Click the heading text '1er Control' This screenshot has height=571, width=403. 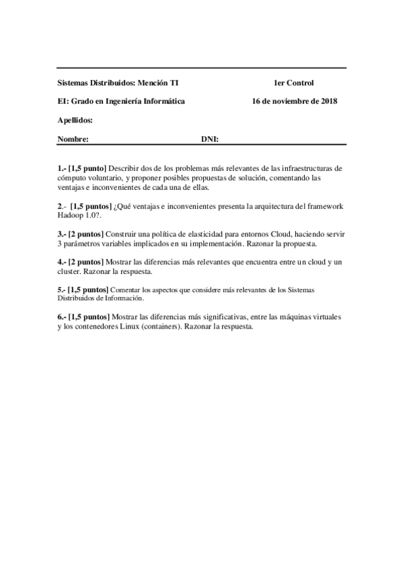pos(293,83)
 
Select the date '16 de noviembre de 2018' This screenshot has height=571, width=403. pos(294,102)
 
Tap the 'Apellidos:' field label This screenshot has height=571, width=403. pos(75,120)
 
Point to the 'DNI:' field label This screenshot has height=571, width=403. pos(211,139)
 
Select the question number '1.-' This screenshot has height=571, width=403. pos(62,166)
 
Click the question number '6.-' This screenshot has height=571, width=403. pos(62,316)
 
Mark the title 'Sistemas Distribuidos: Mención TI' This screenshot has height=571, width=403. pos(118,83)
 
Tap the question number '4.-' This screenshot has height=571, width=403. pos(62,261)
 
